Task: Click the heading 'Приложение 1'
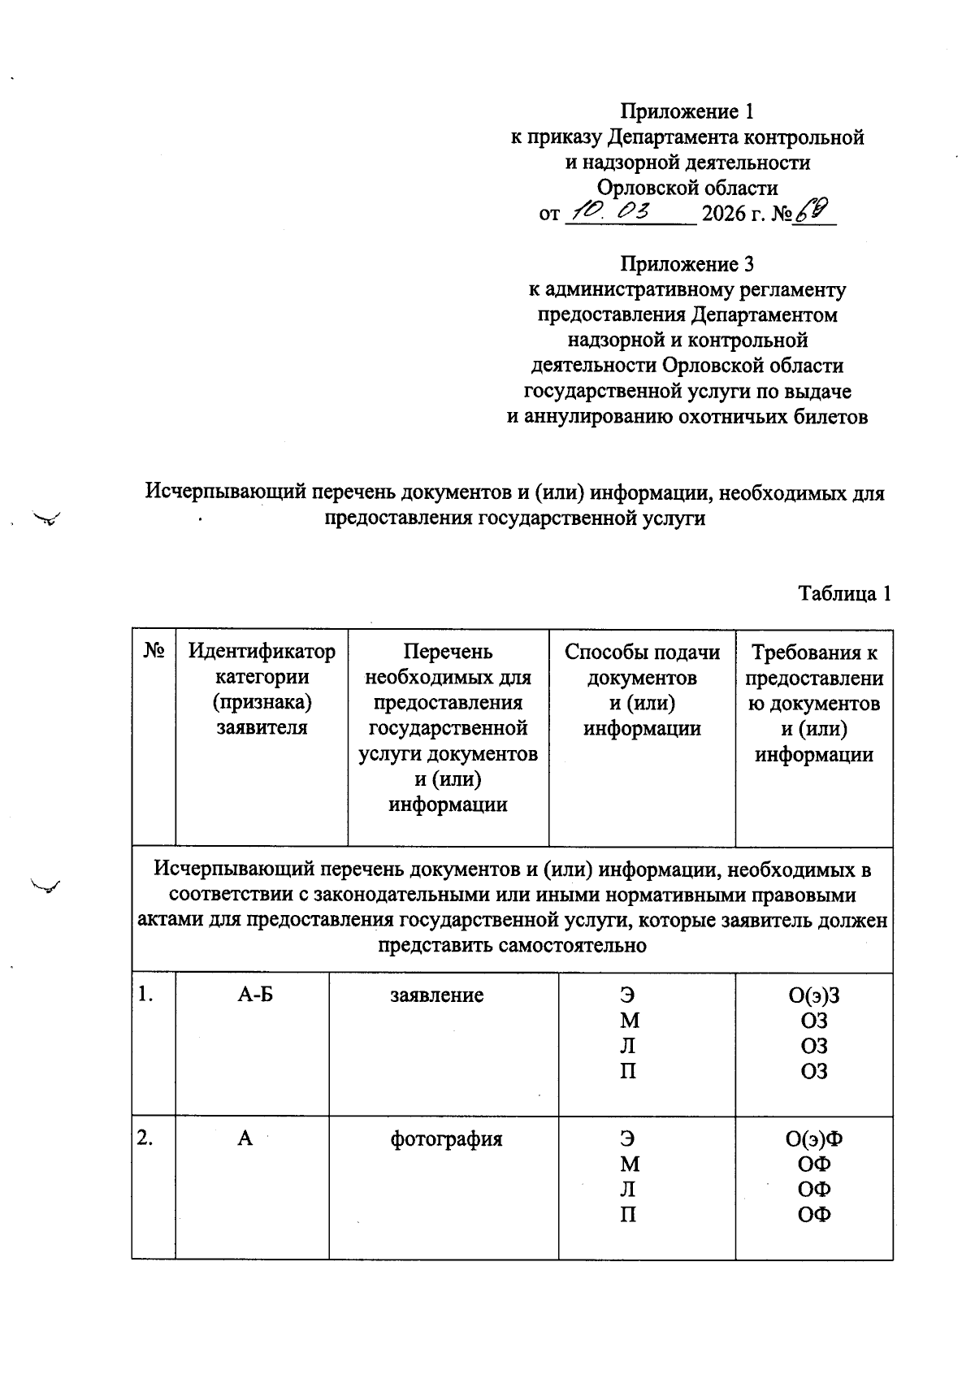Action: click(687, 111)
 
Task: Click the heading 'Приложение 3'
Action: click(687, 264)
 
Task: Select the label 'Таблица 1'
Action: click(845, 593)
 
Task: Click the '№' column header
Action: click(154, 651)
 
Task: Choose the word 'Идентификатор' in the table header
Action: click(262, 651)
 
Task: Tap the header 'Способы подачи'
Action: click(642, 652)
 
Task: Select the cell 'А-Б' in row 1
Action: click(255, 995)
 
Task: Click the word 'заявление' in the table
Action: click(437, 995)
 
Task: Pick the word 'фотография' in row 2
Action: click(446, 1138)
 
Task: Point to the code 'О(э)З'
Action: click(814, 995)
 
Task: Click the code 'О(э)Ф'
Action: click(814, 1138)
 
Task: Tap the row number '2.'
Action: click(145, 1138)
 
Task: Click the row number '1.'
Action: click(145, 995)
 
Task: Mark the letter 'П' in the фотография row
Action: click(628, 1215)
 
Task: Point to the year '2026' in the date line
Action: click(724, 215)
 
